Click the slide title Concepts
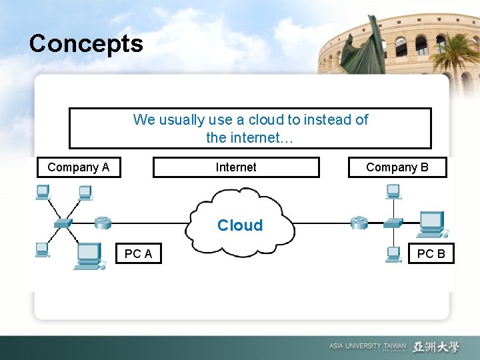(86, 44)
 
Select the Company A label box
(78, 167)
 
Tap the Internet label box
(236, 167)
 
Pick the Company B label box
(397, 167)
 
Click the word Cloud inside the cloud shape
(240, 225)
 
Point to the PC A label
(138, 253)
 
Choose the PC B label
(431, 253)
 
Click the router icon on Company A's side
(103, 222)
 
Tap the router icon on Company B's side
(359, 222)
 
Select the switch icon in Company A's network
(63, 223)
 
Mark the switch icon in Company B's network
(393, 223)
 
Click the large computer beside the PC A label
(89, 256)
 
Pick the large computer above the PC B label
(433, 224)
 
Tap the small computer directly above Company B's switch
(393, 192)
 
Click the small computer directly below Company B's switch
(393, 254)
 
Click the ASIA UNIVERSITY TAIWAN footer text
(367, 347)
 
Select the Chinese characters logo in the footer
(436, 347)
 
